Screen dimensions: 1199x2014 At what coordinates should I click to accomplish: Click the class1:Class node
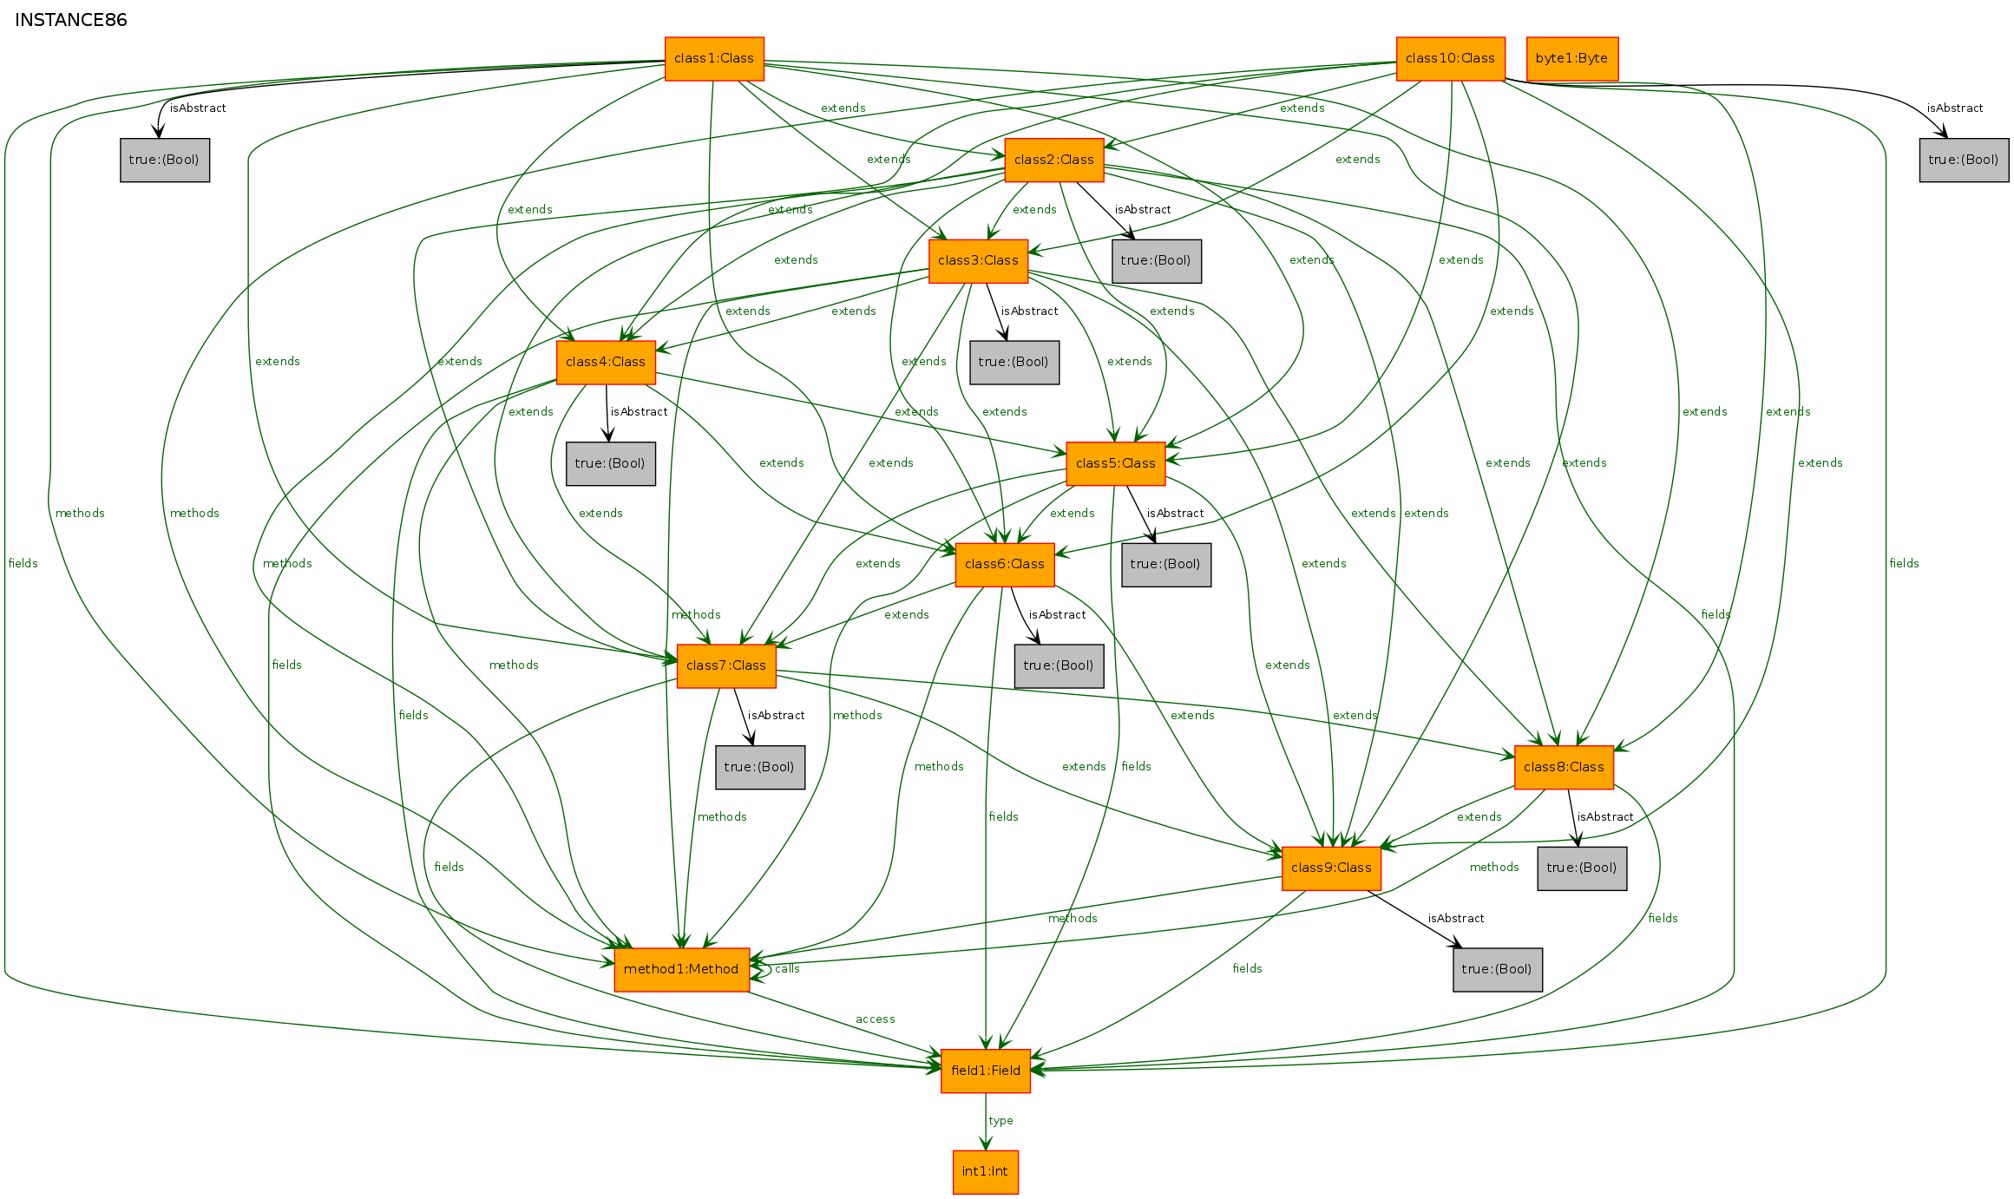coord(713,58)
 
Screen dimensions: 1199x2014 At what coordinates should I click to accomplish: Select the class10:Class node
coord(1449,58)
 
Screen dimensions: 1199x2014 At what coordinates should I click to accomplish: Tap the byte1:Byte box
coord(1571,58)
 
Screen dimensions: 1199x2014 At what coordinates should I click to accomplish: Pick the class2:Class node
coord(1053,160)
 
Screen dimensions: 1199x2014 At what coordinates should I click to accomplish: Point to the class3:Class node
coord(978,260)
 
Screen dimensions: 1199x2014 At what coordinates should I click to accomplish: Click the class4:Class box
coord(605,362)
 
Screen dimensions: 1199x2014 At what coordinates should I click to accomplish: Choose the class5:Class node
coord(1115,463)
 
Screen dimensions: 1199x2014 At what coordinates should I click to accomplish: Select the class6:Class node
coord(1004,564)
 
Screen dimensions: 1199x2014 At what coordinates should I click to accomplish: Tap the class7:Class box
coord(725,665)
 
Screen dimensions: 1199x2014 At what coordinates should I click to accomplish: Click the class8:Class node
coord(1563,767)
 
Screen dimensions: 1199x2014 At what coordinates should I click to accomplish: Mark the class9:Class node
coord(1330,868)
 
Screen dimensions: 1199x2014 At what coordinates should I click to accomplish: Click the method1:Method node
coord(680,969)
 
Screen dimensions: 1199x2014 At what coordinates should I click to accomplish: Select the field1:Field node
coord(985,1071)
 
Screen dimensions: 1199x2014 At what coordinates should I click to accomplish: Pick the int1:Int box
coord(985,1171)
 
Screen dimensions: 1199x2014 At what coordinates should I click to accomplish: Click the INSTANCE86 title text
coord(71,20)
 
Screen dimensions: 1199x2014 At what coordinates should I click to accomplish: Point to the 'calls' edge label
coord(787,969)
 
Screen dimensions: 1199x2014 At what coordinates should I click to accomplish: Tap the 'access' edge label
coord(875,1019)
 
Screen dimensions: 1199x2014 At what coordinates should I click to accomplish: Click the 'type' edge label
coord(1000,1121)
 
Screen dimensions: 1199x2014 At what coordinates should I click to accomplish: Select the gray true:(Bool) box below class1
coord(164,160)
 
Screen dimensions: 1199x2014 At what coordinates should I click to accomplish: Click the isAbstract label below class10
coord(1954,108)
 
